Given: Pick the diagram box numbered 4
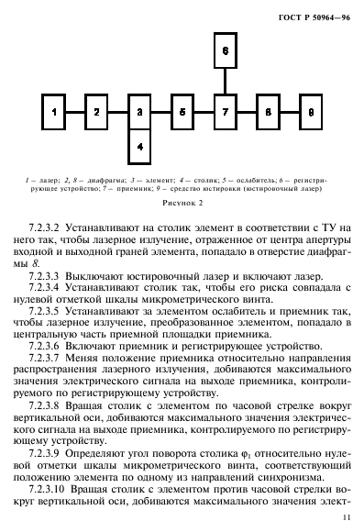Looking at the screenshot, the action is [138, 146].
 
